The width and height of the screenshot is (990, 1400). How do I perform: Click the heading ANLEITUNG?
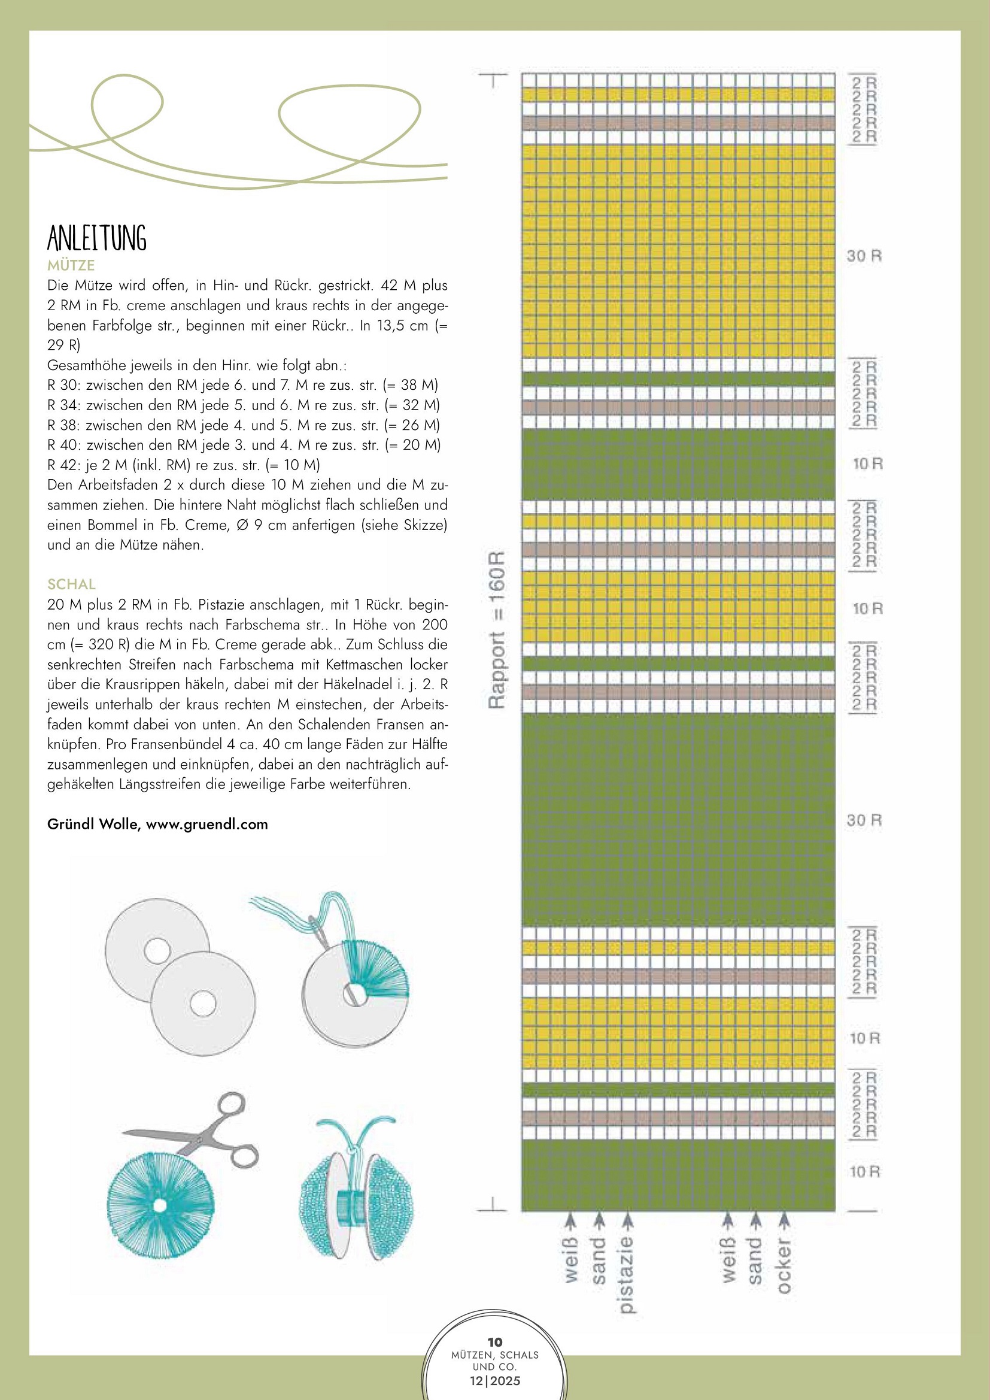(97, 238)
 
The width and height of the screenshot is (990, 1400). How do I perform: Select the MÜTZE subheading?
(71, 265)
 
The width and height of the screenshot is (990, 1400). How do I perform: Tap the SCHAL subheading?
(71, 584)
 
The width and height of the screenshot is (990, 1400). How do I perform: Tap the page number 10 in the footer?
(495, 1341)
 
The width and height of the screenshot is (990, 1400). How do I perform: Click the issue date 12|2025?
(495, 1380)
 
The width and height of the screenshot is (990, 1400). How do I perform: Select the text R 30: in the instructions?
(64, 386)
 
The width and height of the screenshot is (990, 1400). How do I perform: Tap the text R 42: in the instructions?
(64, 465)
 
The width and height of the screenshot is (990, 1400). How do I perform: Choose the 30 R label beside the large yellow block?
(864, 256)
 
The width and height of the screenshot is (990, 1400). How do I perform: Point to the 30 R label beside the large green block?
(864, 820)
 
